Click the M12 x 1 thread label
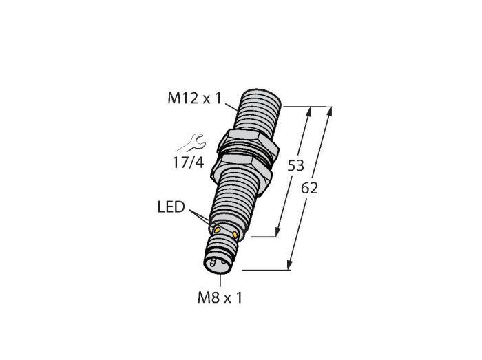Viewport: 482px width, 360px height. click(194, 98)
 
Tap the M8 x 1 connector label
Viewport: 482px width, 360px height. click(220, 297)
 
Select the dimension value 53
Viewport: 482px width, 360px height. click(295, 166)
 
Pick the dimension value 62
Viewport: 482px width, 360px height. click(309, 188)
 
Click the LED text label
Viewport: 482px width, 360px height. click(171, 207)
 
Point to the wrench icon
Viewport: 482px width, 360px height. click(191, 142)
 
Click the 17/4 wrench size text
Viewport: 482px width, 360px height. click(189, 163)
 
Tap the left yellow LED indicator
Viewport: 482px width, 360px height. click(218, 229)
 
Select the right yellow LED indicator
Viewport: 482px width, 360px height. click(235, 235)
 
